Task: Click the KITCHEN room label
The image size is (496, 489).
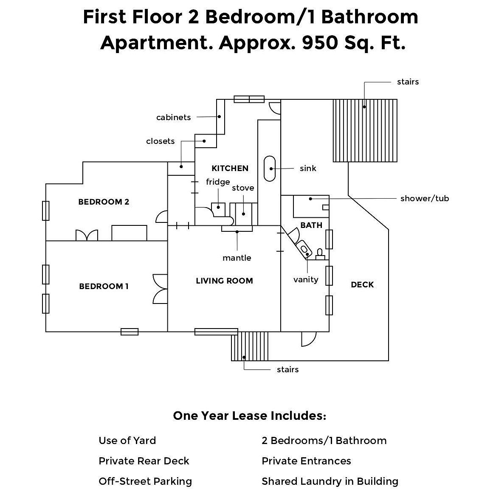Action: click(x=230, y=169)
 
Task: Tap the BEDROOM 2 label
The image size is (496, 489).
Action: click(x=104, y=202)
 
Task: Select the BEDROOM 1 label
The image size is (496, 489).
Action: click(x=104, y=287)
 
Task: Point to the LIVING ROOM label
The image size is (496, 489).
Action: click(x=224, y=281)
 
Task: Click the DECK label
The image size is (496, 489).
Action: click(x=362, y=285)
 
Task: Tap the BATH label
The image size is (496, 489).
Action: click(x=311, y=225)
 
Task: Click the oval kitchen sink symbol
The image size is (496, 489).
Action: click(x=270, y=169)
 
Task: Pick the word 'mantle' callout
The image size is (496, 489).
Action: click(x=237, y=258)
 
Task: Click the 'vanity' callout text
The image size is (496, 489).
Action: click(x=306, y=280)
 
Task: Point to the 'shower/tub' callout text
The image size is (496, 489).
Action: click(x=424, y=199)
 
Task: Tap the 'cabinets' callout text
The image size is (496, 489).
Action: click(x=173, y=118)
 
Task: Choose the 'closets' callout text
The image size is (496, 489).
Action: click(x=160, y=141)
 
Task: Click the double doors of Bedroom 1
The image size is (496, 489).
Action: click(x=161, y=288)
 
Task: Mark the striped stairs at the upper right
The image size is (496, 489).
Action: click(x=365, y=130)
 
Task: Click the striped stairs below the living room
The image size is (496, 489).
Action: click(x=250, y=346)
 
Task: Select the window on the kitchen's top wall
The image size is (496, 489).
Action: click(x=249, y=99)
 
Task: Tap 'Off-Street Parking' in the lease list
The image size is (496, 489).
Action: click(x=145, y=481)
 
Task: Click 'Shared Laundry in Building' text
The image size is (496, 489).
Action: click(x=330, y=481)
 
